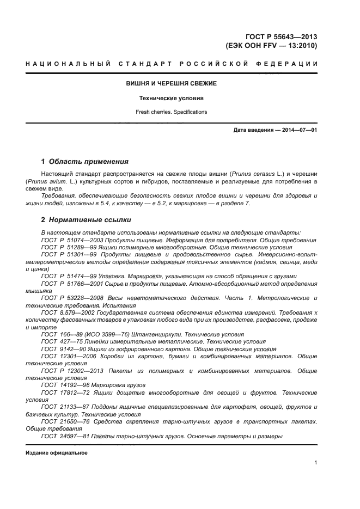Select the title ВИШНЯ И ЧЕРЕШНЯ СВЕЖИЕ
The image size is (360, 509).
pyautogui.click(x=172, y=83)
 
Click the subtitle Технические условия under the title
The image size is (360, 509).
pyautogui.click(x=172, y=99)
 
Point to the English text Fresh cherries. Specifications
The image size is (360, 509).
pyautogui.click(x=172, y=112)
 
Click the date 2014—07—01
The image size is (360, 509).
pyautogui.click(x=299, y=130)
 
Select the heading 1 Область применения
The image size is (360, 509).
pyautogui.click(x=85, y=162)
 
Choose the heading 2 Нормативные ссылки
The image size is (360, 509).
pyautogui.click(x=86, y=220)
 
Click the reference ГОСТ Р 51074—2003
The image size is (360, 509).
pyautogui.click(x=73, y=240)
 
